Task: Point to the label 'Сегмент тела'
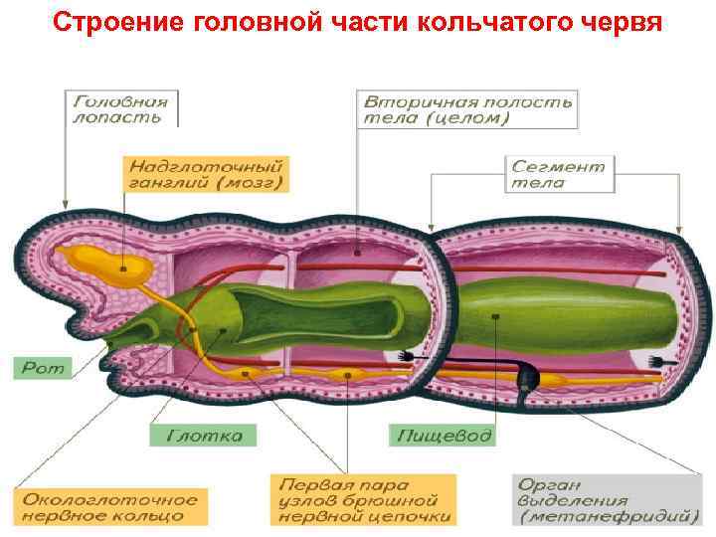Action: [558, 173]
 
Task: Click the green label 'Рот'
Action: [41, 368]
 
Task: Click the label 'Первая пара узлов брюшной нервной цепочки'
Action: [365, 499]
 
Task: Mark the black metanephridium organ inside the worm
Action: [530, 375]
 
